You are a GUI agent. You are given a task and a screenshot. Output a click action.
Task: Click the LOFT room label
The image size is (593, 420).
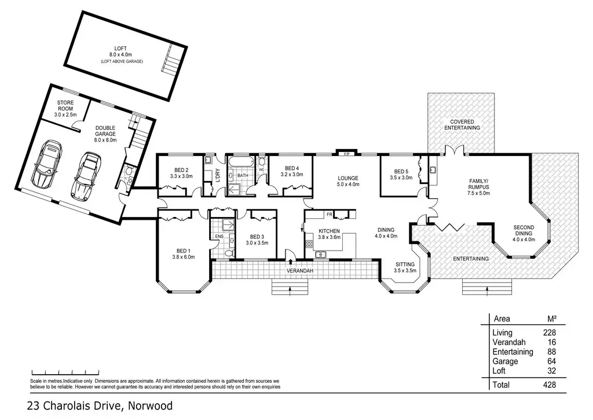(120, 49)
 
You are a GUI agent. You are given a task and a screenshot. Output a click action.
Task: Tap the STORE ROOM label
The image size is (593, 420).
(65, 105)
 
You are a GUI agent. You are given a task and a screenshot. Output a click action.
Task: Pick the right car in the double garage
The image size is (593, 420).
(86, 176)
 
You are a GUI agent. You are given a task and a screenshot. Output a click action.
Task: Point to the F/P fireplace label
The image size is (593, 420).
(346, 154)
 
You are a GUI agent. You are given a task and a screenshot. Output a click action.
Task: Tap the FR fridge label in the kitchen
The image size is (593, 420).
(330, 215)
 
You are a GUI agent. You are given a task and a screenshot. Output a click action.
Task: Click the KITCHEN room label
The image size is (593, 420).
(329, 231)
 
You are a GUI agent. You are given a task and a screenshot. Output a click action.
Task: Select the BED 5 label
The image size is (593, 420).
(401, 172)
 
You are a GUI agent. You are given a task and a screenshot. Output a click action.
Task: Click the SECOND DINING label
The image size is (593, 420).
(524, 230)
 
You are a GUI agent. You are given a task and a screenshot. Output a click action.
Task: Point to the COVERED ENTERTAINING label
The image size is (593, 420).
(462, 125)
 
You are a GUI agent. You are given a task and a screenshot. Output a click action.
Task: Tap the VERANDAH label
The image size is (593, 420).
(300, 271)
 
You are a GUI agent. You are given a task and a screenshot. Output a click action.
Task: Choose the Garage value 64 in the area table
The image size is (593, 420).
(551, 361)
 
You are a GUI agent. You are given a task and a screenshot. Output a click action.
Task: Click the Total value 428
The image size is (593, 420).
(549, 385)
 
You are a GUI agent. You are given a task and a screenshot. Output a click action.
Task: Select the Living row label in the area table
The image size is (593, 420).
(502, 332)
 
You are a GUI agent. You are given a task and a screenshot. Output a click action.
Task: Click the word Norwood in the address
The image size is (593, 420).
(150, 405)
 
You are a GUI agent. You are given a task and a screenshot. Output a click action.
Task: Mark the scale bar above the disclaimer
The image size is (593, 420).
(65, 372)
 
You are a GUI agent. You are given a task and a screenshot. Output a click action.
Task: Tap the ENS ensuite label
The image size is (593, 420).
(219, 236)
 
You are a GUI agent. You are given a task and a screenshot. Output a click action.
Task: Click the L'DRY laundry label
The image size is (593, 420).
(218, 175)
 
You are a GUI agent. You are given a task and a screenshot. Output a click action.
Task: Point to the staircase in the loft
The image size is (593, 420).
(170, 60)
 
